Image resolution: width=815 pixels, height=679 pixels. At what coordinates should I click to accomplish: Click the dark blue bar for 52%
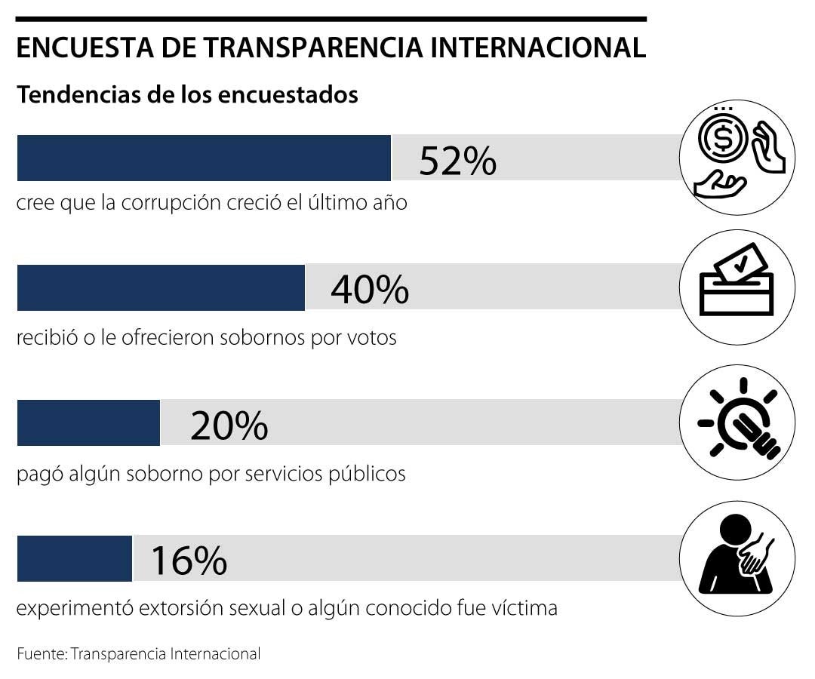point(204,158)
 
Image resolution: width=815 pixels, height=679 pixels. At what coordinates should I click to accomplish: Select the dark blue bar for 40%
point(161,287)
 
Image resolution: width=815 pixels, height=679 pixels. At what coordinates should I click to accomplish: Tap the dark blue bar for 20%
point(88,423)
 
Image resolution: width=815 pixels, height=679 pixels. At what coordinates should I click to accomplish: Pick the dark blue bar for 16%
point(75,558)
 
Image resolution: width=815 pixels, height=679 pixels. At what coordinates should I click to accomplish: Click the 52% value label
point(457,160)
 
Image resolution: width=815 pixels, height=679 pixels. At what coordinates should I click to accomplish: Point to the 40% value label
point(370,289)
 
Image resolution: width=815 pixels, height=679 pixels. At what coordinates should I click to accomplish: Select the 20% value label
point(229,425)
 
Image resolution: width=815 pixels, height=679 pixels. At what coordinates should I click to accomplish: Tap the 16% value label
point(189,560)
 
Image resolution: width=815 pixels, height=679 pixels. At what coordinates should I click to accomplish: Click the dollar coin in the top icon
point(722,137)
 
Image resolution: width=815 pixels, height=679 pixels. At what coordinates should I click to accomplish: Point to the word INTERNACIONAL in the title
point(558,48)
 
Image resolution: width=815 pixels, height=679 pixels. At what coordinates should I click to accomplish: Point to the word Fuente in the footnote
point(41,653)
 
